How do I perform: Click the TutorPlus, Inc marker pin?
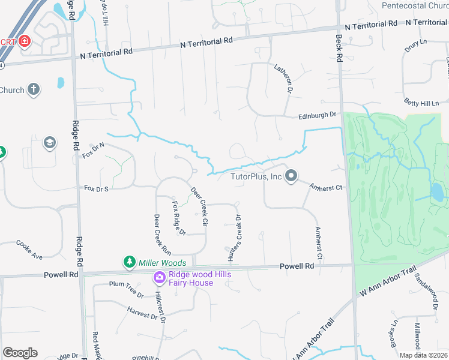click(x=291, y=176)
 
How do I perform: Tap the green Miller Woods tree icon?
click(x=129, y=262)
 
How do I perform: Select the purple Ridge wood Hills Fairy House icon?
click(x=159, y=278)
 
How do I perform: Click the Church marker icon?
click(x=34, y=90)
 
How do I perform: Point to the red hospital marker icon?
click(x=24, y=41)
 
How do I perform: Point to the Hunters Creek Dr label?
click(x=234, y=238)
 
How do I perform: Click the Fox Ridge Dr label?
click(x=178, y=218)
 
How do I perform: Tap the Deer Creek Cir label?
click(x=199, y=206)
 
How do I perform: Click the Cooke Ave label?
click(x=29, y=250)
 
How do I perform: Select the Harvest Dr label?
click(x=142, y=313)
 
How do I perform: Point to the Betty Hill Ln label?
click(x=421, y=103)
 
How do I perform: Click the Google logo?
click(x=20, y=352)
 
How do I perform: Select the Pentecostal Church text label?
click(x=415, y=6)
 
